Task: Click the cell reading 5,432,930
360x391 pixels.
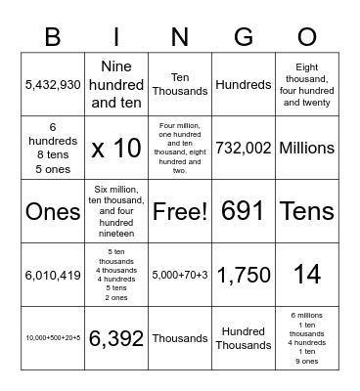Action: click(53, 85)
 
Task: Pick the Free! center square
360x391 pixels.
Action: click(180, 211)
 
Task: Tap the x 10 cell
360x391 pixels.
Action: click(116, 149)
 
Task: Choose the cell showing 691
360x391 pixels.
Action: click(244, 211)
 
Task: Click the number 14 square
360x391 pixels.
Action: click(307, 275)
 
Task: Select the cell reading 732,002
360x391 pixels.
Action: click(244, 149)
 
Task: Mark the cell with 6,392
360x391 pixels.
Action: click(116, 338)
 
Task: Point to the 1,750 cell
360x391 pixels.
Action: click(244, 275)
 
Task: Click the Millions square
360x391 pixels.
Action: click(307, 149)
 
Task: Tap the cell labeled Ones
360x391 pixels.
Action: click(53, 211)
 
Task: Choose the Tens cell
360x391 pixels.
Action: click(307, 211)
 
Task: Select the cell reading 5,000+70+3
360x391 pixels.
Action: click(180, 275)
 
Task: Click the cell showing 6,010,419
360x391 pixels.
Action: click(53, 275)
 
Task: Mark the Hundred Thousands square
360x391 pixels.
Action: click(244, 338)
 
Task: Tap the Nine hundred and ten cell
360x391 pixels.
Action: click(116, 85)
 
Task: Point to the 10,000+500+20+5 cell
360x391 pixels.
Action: click(53, 338)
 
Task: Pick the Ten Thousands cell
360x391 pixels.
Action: click(180, 85)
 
